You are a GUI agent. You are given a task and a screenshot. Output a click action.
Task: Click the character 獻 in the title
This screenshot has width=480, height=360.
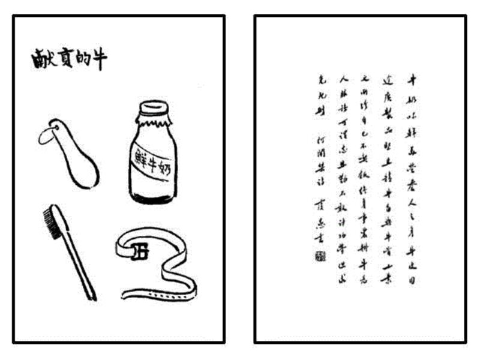pyautogui.click(x=41, y=60)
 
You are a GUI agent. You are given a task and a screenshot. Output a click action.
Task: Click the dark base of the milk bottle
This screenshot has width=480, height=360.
pyautogui.click(x=154, y=196)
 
